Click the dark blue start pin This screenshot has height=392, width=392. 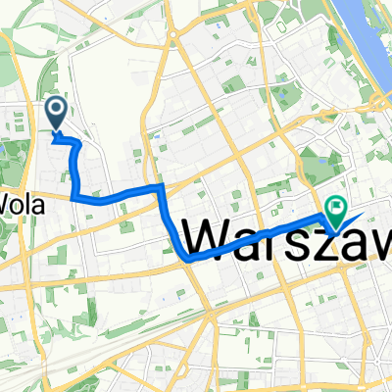[x=57, y=113]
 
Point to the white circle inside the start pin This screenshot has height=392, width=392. [x=57, y=110]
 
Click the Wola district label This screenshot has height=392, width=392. [x=20, y=203]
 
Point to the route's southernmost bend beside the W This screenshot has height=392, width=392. [x=186, y=259]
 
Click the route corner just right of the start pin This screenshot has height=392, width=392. [x=77, y=143]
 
